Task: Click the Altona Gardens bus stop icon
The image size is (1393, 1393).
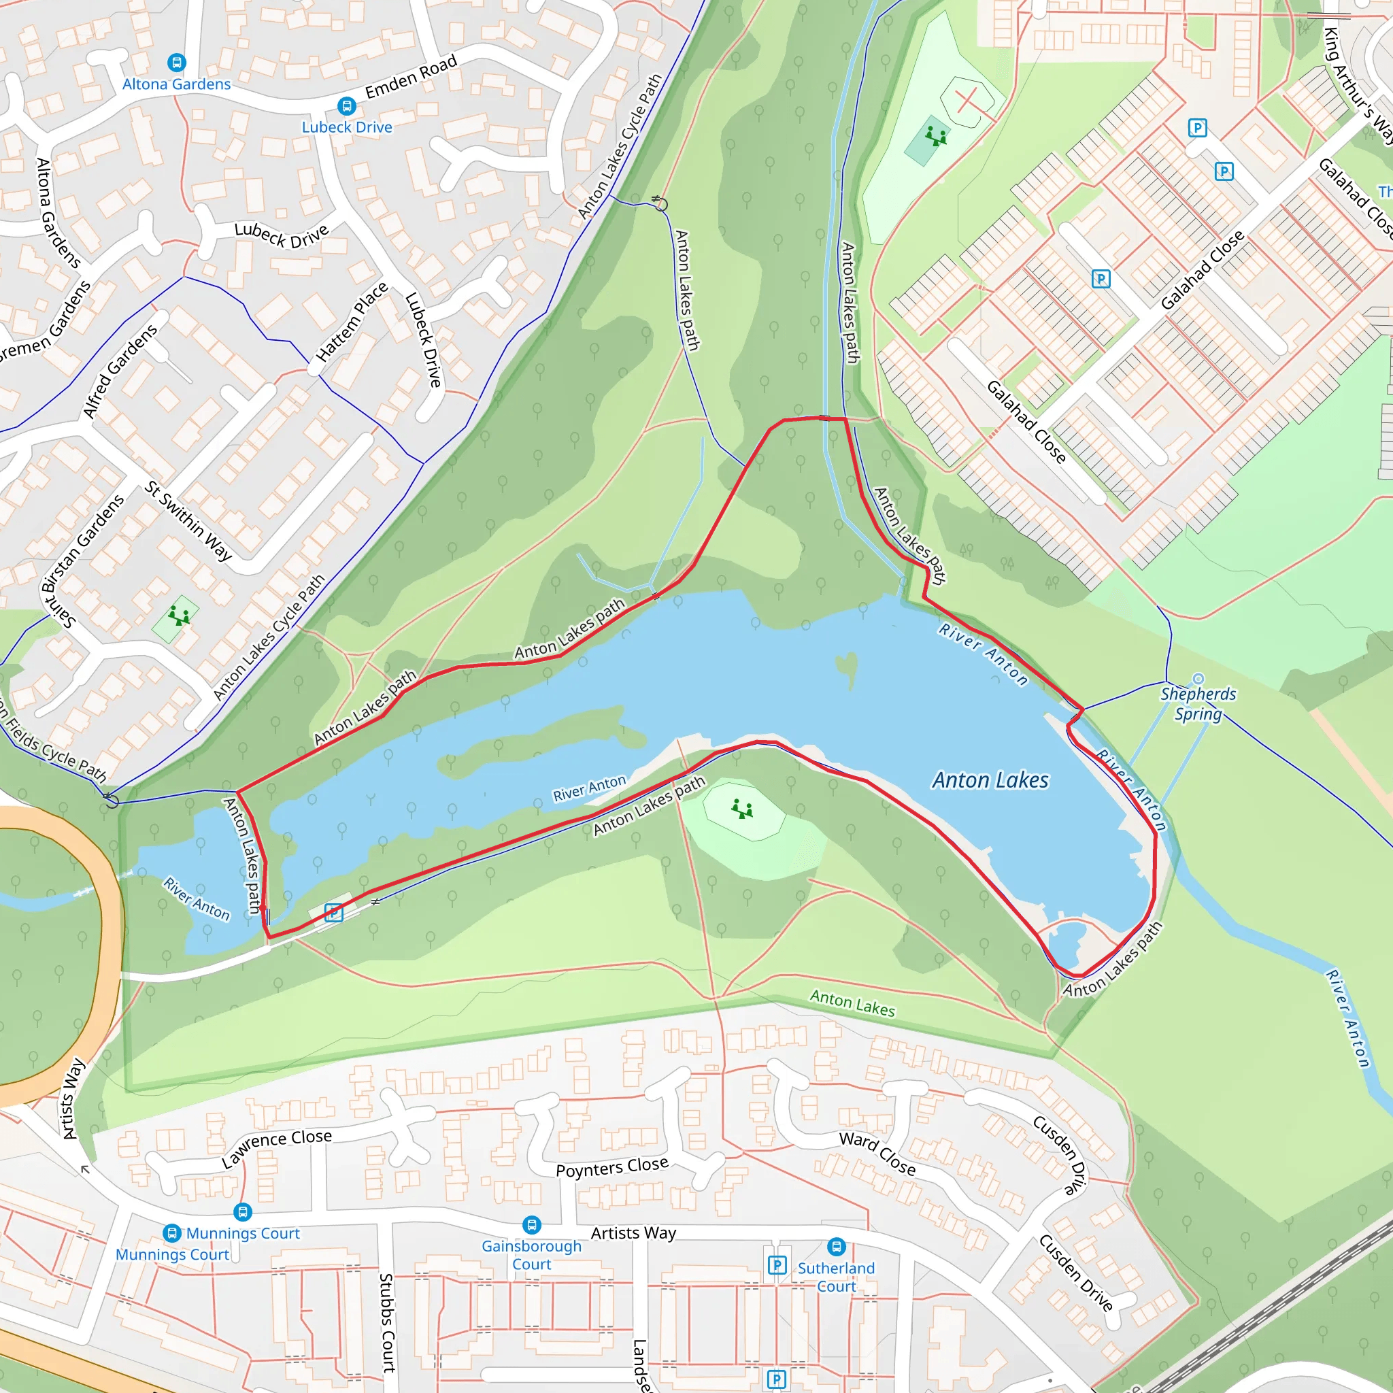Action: pos(177,63)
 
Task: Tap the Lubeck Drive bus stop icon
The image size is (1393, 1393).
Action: pos(347,107)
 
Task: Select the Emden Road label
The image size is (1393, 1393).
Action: pos(411,76)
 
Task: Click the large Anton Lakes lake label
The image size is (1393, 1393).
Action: pos(990,780)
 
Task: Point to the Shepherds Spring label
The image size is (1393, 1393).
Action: pos(1198,703)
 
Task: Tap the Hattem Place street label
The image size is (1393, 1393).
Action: pos(352,322)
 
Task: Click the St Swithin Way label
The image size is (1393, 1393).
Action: pos(188,520)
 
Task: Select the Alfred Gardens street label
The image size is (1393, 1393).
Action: pos(120,371)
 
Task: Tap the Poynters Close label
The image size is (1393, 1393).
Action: pos(612,1167)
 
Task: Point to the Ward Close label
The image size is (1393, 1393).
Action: pos(877,1154)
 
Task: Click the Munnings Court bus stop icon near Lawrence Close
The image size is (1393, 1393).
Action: pos(243,1212)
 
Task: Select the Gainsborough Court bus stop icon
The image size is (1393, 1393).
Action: pos(531,1224)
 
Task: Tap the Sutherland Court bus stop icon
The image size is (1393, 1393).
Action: pos(837,1246)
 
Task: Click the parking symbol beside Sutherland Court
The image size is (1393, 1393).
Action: pos(777,1264)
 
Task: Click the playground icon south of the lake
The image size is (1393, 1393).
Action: pos(742,809)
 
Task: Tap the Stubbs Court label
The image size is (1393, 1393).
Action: pos(386,1322)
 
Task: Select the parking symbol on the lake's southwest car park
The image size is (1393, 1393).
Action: pos(333,913)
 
